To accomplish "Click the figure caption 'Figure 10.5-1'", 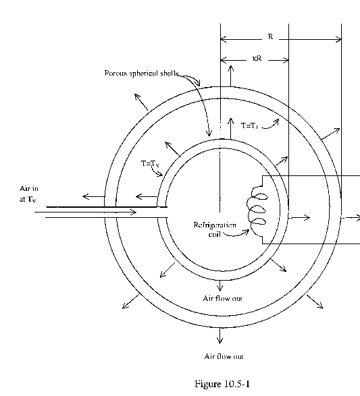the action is click(222, 384).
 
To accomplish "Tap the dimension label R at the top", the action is click(270, 36).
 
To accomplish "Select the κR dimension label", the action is click(257, 58).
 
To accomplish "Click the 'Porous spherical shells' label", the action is click(142, 74).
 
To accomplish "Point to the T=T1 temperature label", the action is click(249, 125).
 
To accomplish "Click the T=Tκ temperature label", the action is click(150, 164).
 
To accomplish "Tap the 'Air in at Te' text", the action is click(29, 194).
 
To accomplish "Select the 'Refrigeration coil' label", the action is click(215, 229).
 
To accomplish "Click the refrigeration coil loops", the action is click(258, 211).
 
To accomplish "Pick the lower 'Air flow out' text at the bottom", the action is click(224, 356).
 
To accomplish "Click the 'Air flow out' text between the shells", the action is click(222, 298).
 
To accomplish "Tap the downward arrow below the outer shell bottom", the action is click(220, 335).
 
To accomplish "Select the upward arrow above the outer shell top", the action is click(230, 76).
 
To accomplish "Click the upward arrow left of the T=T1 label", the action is click(230, 128).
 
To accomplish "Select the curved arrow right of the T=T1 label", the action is click(270, 124).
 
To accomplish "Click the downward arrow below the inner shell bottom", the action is click(220, 285).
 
